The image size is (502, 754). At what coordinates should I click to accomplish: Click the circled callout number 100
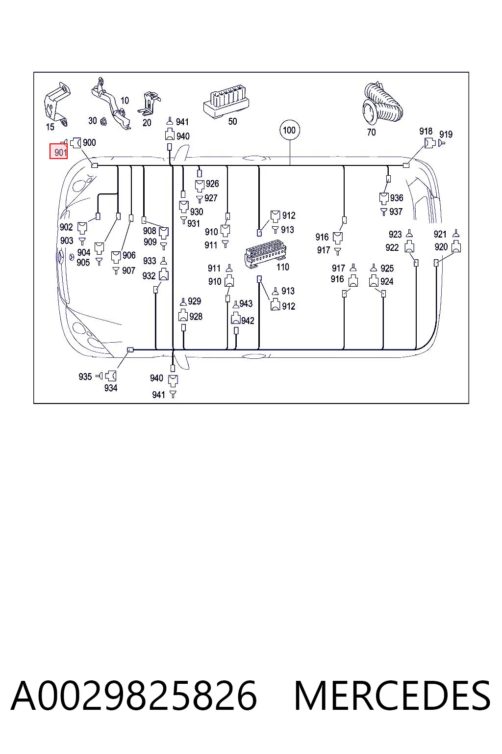(x=290, y=130)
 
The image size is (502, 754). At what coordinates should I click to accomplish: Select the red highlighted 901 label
(x=58, y=152)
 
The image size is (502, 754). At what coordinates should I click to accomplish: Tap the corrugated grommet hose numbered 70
(x=382, y=103)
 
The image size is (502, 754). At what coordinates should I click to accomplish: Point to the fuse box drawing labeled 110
(x=265, y=254)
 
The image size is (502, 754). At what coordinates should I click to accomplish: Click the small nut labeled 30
(x=103, y=121)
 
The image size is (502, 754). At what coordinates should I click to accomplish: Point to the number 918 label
(x=426, y=131)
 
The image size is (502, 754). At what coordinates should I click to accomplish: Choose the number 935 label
(x=85, y=377)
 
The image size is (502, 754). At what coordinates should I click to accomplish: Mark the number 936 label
(x=397, y=198)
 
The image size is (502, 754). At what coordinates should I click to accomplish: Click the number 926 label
(x=212, y=184)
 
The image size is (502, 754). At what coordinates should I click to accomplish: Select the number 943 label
(x=246, y=304)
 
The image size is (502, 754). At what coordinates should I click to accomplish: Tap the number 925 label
(x=387, y=269)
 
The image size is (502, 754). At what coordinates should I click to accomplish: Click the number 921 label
(x=440, y=234)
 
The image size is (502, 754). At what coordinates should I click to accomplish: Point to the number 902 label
(x=66, y=227)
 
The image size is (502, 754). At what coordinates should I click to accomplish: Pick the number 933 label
(x=150, y=261)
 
